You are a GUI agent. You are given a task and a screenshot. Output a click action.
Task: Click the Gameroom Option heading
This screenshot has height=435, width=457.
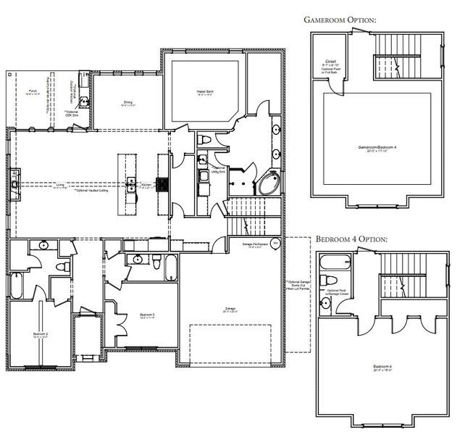[340, 20]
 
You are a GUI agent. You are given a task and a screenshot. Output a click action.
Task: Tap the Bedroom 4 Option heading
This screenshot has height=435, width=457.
[351, 239]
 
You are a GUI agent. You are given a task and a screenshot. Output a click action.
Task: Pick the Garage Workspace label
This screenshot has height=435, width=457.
[255, 246]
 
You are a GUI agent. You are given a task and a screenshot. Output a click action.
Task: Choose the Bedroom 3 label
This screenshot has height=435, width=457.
[148, 315]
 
